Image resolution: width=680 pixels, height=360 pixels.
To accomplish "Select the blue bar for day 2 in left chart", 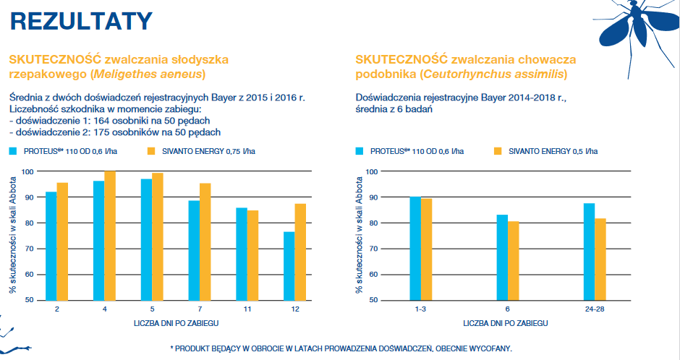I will coord(51,246).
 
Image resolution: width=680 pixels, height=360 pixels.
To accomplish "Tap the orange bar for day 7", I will coord(205,241).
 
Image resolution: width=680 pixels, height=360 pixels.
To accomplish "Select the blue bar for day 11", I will coord(241,254).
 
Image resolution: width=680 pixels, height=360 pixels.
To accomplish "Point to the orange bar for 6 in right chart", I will coord(514,260).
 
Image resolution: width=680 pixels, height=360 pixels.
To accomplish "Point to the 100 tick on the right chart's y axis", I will coord(372,171).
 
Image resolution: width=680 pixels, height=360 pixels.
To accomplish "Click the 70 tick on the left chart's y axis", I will coord(28,249).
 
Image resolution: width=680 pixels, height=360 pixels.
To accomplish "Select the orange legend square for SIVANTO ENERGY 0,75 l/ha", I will coord(151,151).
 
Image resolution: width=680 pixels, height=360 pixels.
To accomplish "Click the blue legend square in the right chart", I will coord(360,151).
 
